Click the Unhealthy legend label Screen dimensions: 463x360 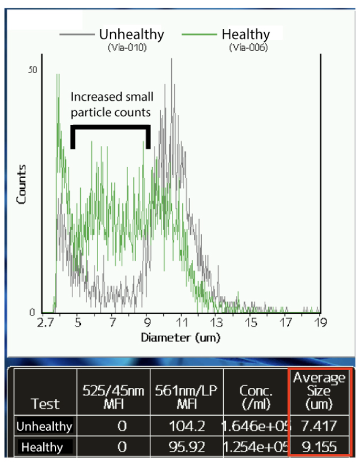coord(131,35)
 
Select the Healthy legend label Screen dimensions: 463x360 coord(245,35)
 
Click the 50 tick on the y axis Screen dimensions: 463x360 coord(32,69)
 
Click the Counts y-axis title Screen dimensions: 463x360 coord(22,184)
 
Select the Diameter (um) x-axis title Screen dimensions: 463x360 coord(180,337)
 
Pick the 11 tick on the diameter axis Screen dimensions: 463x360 coord(182,323)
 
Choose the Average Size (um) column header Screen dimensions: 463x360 coord(320,391)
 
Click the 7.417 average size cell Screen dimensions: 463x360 coord(320,426)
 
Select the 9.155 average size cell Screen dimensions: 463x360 coord(320,447)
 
